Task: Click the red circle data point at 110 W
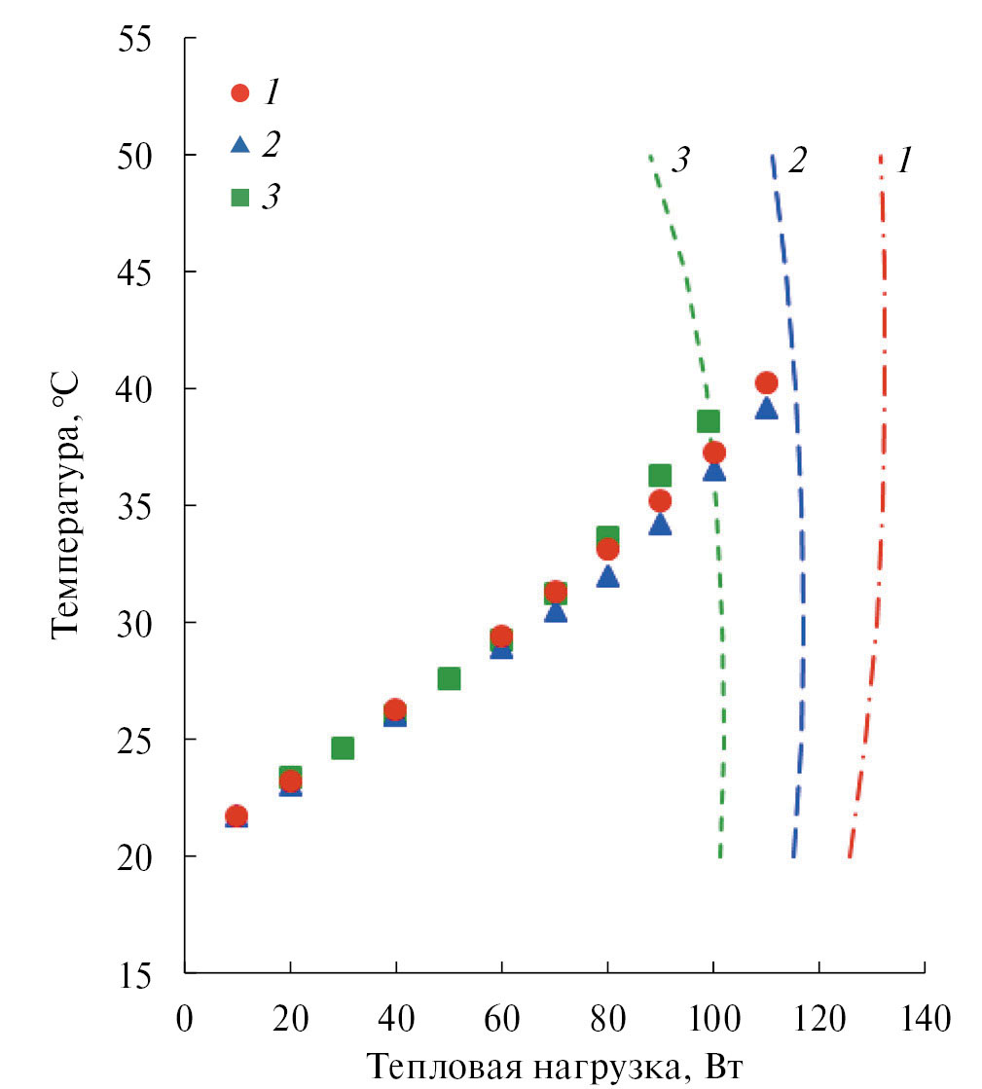click(x=766, y=382)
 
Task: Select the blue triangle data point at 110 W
click(x=766, y=408)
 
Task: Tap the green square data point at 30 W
click(x=343, y=747)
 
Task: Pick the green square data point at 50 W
click(x=449, y=678)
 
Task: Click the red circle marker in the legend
click(x=239, y=93)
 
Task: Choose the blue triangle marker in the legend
click(x=239, y=145)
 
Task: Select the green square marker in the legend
click(x=239, y=198)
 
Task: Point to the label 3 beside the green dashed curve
click(x=680, y=161)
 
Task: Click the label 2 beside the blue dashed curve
click(x=797, y=161)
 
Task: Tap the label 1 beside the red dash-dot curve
click(x=905, y=161)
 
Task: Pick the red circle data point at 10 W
click(x=236, y=816)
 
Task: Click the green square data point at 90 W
click(x=660, y=475)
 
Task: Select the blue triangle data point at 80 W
click(x=607, y=576)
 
